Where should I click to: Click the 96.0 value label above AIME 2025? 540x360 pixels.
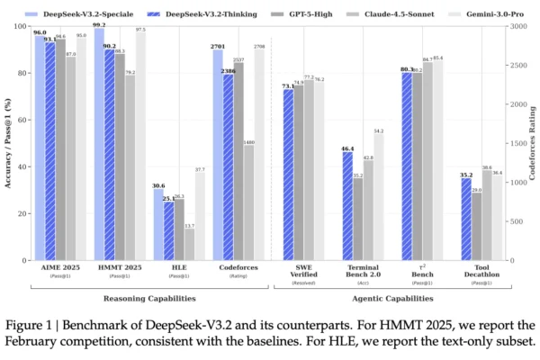pyautogui.click(x=40, y=32)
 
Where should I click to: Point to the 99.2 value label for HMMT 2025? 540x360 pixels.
pyautogui.click(x=98, y=25)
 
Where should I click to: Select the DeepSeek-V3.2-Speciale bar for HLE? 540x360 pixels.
pyautogui.click(x=158, y=225)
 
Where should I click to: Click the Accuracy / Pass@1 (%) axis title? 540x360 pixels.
pyautogui.click(x=8, y=144)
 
